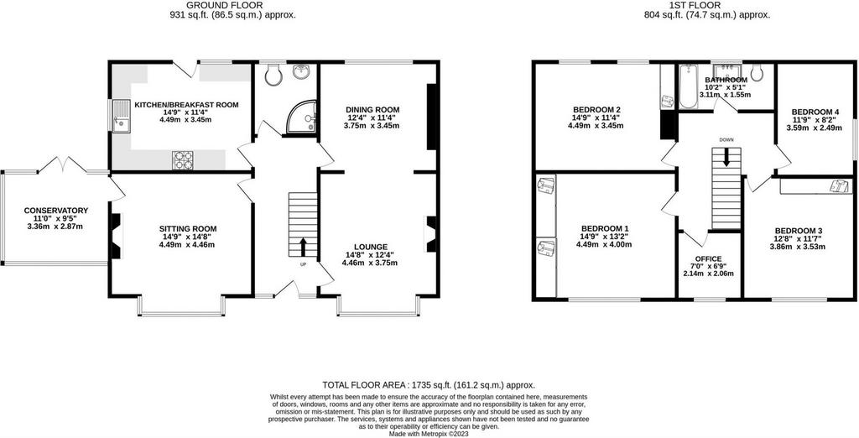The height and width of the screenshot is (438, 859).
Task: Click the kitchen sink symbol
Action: coord(121,116)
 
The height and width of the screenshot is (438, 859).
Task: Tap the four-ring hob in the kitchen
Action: coord(182,160)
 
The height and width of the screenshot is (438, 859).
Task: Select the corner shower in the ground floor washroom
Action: coord(302,117)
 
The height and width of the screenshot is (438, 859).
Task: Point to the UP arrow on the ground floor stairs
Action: coord(302,247)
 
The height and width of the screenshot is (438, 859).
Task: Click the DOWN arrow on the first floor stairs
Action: coord(726,159)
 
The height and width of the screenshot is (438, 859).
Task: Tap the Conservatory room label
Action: coord(56,211)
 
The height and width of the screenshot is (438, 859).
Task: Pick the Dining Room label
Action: coord(372,109)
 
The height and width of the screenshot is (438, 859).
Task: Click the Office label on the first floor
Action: coord(708,258)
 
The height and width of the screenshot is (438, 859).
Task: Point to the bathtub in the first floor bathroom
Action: coord(687,86)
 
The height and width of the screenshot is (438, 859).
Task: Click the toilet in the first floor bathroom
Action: coord(757,73)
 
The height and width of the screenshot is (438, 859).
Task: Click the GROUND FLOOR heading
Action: coord(233,6)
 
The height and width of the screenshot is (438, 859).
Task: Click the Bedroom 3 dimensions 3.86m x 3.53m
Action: coord(798,247)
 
